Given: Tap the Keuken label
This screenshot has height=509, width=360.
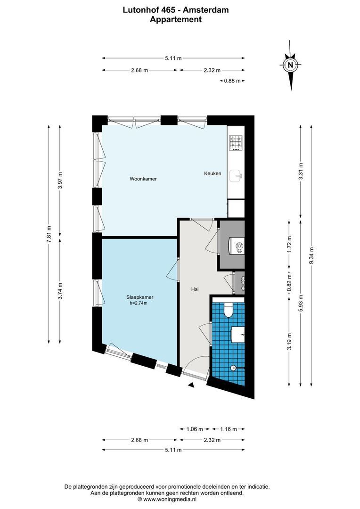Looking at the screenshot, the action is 213,173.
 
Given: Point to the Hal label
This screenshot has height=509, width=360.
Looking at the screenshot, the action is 195,289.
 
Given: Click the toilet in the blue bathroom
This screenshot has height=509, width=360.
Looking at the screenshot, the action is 229,310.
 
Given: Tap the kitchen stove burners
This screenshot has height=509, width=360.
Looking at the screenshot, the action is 236,143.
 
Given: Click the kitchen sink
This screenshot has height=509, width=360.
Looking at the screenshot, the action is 236,176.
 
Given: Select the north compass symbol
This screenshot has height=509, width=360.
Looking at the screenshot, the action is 291,65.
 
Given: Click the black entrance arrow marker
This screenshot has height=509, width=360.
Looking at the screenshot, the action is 191,385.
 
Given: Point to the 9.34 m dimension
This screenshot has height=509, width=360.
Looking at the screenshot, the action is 312,257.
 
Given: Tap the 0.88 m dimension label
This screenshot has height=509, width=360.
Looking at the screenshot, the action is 232,81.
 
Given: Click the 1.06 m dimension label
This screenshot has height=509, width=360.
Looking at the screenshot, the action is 195,429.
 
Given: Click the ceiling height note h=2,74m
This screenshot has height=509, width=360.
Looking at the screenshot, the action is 139,303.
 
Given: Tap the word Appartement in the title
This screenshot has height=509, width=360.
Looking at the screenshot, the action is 176,19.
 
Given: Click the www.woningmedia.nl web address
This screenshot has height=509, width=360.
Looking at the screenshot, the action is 170,499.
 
